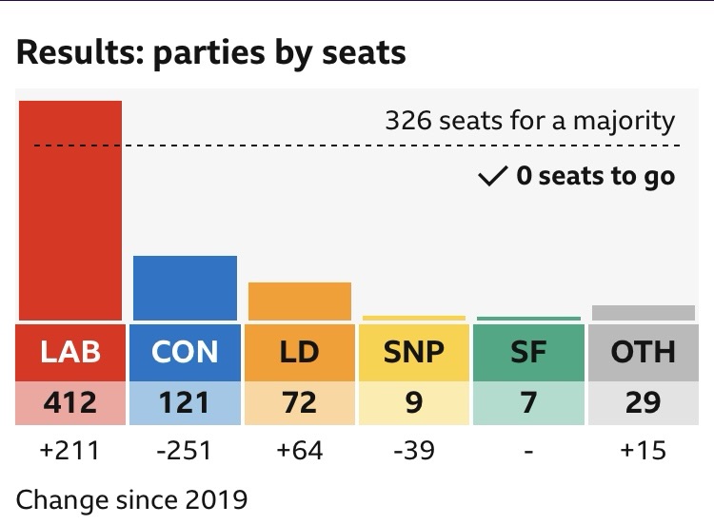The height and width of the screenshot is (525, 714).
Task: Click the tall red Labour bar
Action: (x=71, y=209)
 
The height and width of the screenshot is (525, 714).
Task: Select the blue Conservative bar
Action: (x=185, y=288)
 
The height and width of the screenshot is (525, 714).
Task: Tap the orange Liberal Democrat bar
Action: (x=300, y=301)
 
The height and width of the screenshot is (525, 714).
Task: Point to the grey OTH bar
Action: (x=643, y=313)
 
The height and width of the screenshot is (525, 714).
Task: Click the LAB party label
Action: (x=70, y=352)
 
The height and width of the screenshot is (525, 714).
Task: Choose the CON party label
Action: (x=185, y=352)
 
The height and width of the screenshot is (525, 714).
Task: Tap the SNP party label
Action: (x=414, y=352)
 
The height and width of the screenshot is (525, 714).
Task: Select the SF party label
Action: (x=528, y=352)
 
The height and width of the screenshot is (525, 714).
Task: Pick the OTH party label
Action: (x=643, y=352)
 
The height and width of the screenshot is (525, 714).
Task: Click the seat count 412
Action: (x=70, y=402)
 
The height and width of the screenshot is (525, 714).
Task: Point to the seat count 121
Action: (x=185, y=402)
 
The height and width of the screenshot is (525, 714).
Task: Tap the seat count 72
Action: (x=300, y=402)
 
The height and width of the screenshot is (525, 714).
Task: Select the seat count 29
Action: (x=643, y=402)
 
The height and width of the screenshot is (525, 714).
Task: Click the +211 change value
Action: (x=70, y=450)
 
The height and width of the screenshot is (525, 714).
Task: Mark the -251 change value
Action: (x=185, y=450)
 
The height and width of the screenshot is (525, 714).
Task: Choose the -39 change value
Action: (x=414, y=450)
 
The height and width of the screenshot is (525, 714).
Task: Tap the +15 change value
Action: (x=643, y=450)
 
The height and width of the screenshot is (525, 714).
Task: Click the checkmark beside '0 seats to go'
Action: (x=492, y=176)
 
